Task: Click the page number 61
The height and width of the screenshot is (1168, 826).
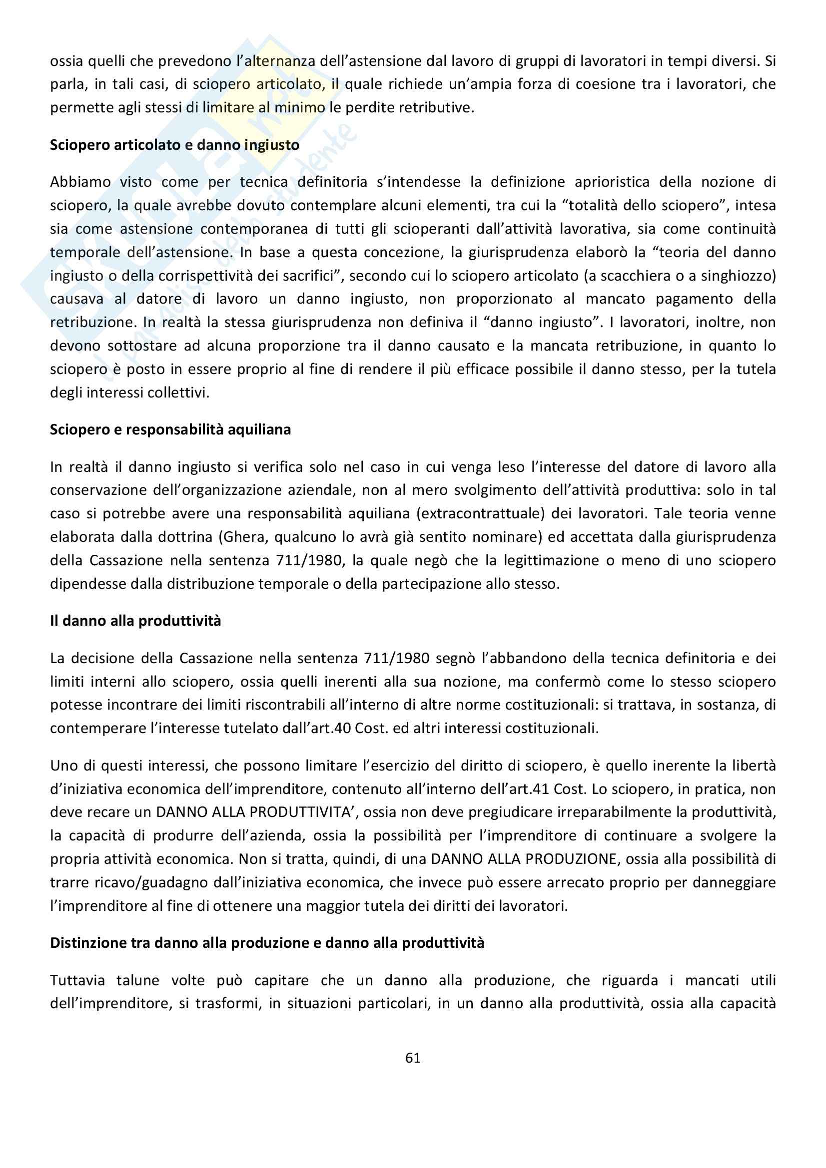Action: pos(413,1058)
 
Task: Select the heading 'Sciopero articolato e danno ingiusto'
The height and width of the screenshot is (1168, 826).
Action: pos(174,145)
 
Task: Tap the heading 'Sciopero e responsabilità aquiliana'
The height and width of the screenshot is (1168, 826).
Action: pos(170,430)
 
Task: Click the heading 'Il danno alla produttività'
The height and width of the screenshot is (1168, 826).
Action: pos(135,621)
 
